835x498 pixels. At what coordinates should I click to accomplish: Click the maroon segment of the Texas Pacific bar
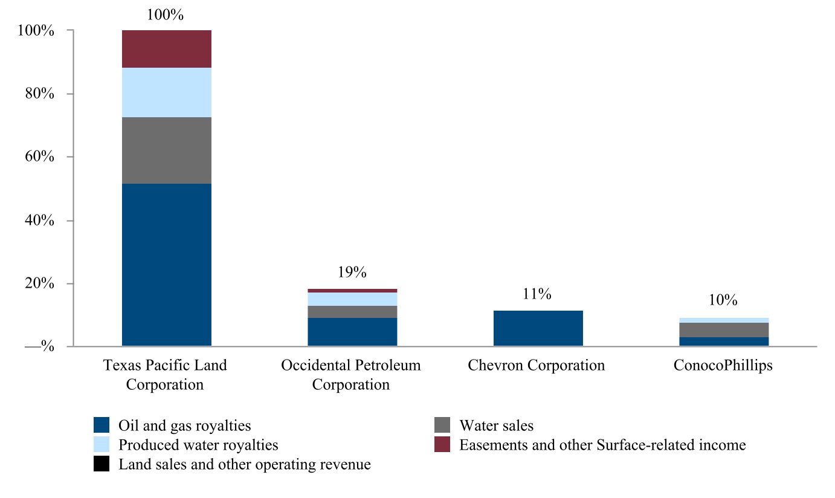167,49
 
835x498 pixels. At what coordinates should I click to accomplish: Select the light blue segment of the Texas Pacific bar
167,92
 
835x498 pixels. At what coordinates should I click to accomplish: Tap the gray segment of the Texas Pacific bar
167,150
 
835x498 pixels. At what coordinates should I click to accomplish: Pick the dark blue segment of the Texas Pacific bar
167,265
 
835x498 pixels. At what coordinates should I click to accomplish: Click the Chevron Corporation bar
538,328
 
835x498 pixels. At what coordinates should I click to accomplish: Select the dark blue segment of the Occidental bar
352,332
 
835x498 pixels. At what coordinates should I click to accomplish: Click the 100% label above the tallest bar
166,15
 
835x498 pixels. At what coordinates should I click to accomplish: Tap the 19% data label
352,272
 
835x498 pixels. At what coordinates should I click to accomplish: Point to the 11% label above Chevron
537,294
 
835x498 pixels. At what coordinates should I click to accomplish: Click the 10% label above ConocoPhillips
723,300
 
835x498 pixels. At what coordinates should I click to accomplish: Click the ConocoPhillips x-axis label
723,366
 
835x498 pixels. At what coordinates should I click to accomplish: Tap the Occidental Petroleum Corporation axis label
351,375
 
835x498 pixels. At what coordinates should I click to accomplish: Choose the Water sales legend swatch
442,425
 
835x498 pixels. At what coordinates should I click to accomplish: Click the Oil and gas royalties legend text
184,425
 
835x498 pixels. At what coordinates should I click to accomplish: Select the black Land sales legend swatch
102,464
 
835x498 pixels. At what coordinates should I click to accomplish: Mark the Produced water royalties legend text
198,445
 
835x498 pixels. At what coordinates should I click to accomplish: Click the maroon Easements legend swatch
442,445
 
